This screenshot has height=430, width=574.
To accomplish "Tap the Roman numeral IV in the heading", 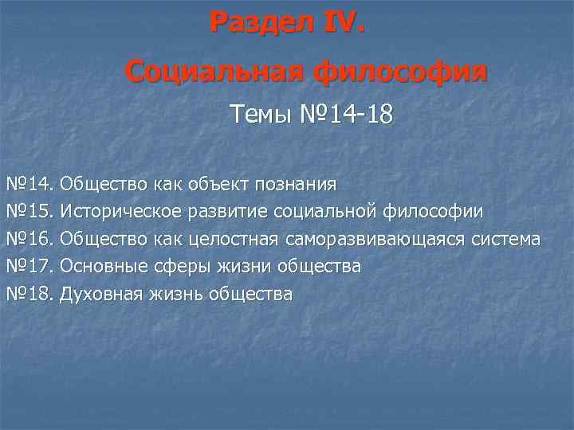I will coord(342,21).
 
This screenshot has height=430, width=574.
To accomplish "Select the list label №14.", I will coord(29,185).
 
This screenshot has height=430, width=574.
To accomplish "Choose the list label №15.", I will coord(29,212).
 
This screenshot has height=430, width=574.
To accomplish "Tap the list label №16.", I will coord(29,239).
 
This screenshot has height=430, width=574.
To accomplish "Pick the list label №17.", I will coord(29,266).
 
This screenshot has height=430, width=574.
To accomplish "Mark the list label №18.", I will coord(29,294).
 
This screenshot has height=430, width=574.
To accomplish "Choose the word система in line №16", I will coord(506,239).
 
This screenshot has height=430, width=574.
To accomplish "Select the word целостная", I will coord(232,239).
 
